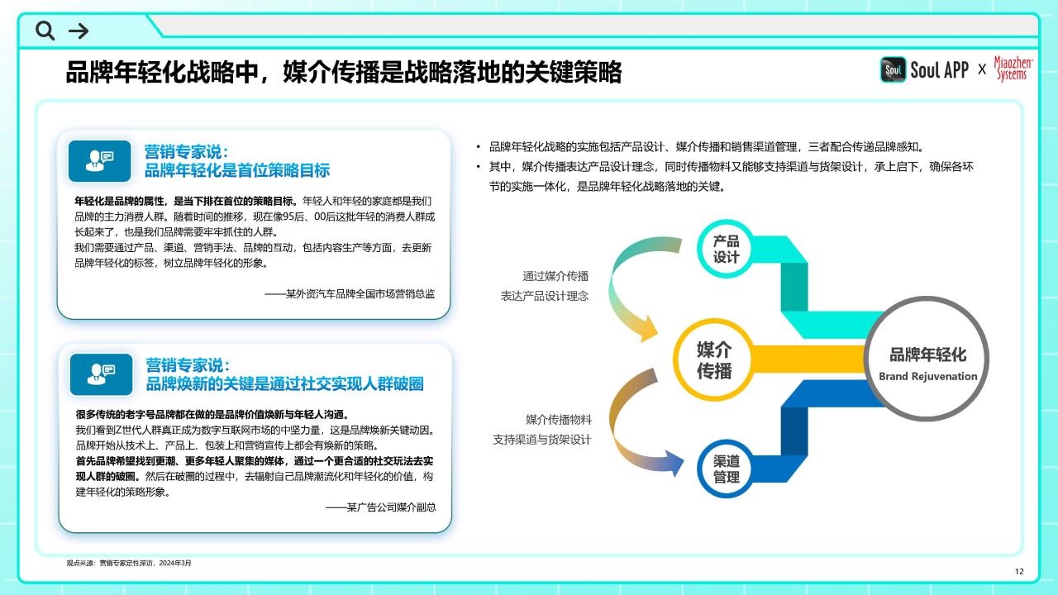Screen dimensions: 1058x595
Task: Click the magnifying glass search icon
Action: coord(45,31)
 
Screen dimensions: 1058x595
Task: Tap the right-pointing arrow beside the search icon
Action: coord(79,31)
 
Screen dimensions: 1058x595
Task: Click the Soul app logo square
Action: coord(893,69)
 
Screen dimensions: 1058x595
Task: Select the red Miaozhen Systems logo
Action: coord(1013,69)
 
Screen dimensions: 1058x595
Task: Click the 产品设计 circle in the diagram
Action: coord(726,249)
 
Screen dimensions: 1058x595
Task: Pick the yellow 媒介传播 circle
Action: coord(713,359)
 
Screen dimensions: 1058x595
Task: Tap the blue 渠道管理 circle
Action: coord(726,469)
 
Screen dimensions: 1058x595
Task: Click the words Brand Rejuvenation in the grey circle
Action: coord(927,376)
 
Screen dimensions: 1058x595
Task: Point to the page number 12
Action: coord(1019,571)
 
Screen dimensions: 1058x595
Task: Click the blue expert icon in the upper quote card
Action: coord(100,161)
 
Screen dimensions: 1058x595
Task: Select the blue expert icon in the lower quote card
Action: coord(101,374)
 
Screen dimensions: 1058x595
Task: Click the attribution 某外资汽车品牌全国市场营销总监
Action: coord(350,293)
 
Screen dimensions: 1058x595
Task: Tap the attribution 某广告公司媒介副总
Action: coord(381,507)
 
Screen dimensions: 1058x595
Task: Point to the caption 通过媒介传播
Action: coord(555,276)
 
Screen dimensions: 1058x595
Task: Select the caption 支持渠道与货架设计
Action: coord(541,440)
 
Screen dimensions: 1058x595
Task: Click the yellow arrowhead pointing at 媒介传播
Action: coord(649,329)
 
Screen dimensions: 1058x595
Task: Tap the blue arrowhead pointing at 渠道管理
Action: coord(674,463)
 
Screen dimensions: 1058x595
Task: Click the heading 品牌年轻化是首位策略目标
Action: coord(237,170)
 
